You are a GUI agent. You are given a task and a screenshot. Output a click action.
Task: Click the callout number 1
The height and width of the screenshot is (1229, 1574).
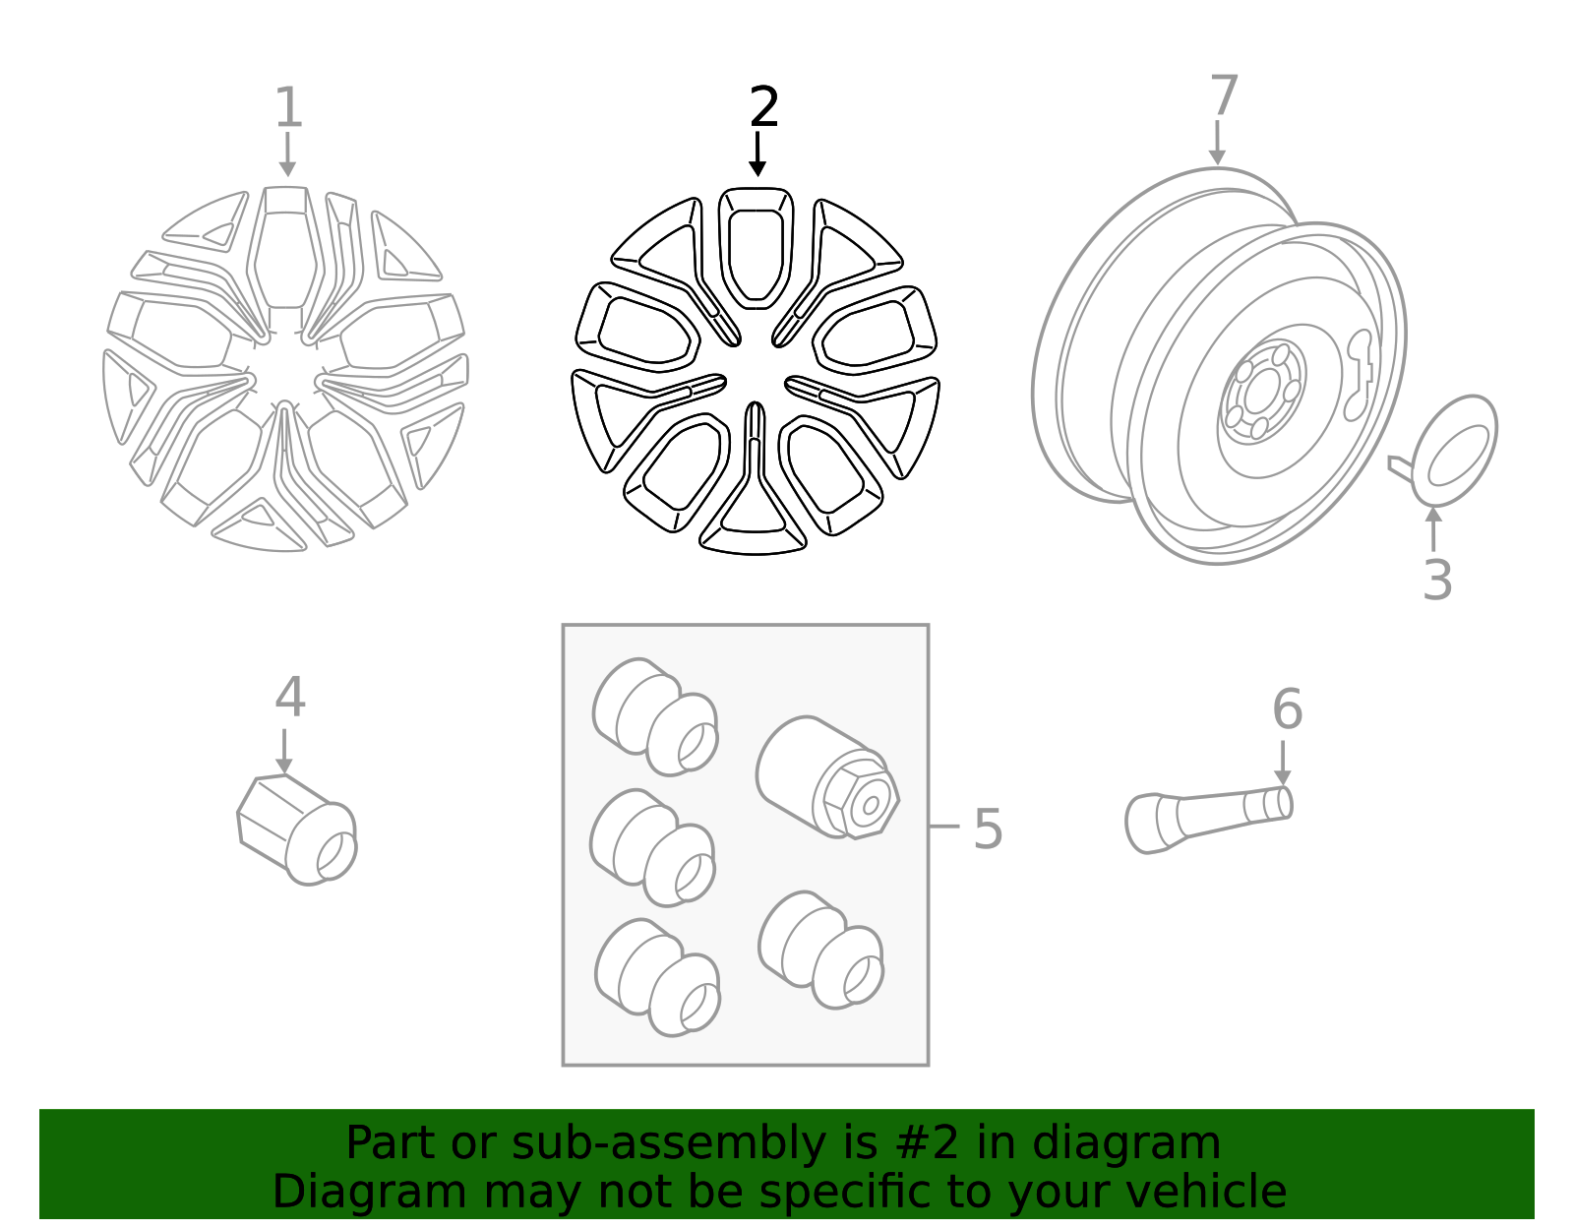pyautogui.click(x=288, y=107)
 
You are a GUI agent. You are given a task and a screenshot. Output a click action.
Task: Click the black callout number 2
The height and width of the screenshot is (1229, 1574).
pyautogui.click(x=763, y=107)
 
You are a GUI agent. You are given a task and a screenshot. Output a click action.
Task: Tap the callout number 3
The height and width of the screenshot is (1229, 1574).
pyautogui.click(x=1437, y=581)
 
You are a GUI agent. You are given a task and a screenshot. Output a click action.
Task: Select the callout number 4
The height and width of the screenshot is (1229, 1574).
pyautogui.click(x=290, y=697)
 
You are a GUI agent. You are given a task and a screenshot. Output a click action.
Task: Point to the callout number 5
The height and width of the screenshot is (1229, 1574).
pyautogui.click(x=988, y=829)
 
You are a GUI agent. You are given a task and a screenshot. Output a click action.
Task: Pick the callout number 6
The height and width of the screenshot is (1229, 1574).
pyautogui.click(x=1287, y=708)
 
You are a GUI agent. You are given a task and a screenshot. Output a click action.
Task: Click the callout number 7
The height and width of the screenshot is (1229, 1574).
pyautogui.click(x=1224, y=94)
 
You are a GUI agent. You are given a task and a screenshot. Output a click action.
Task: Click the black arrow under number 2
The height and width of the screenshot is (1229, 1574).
pyautogui.click(x=757, y=154)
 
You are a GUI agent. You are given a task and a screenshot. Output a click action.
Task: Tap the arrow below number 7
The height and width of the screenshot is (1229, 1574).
pyautogui.click(x=1217, y=143)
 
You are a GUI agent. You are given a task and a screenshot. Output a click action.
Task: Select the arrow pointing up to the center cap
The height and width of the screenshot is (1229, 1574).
pyautogui.click(x=1432, y=530)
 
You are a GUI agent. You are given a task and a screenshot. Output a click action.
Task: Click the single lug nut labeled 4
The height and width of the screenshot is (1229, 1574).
pyautogui.click(x=297, y=830)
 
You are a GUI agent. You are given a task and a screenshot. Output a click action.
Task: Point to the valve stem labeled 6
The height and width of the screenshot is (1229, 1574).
pyautogui.click(x=1208, y=819)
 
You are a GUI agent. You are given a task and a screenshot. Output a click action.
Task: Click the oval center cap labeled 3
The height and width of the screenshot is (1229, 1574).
pyautogui.click(x=1453, y=451)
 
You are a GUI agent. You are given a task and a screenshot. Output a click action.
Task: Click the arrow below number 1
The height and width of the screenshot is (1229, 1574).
pyautogui.click(x=287, y=154)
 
